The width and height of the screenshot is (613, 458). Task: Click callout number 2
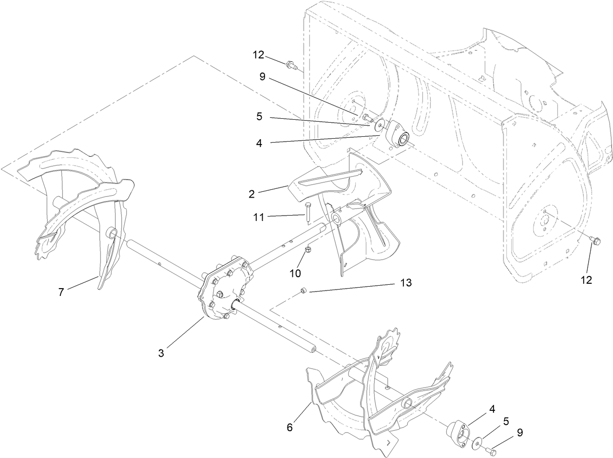(251, 194)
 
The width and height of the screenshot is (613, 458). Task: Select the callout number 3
(161, 353)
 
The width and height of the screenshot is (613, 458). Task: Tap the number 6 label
(290, 427)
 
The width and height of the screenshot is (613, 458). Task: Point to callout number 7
(61, 293)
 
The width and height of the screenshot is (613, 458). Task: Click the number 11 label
(259, 218)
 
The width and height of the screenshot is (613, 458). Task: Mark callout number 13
(406, 282)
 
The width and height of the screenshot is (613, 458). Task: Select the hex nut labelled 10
(308, 250)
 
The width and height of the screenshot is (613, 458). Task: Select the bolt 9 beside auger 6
(491, 452)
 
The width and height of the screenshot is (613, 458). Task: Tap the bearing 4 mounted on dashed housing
(398, 135)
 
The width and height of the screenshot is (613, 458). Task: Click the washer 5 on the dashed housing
(378, 126)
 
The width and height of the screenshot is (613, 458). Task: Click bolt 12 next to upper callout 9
(291, 64)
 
